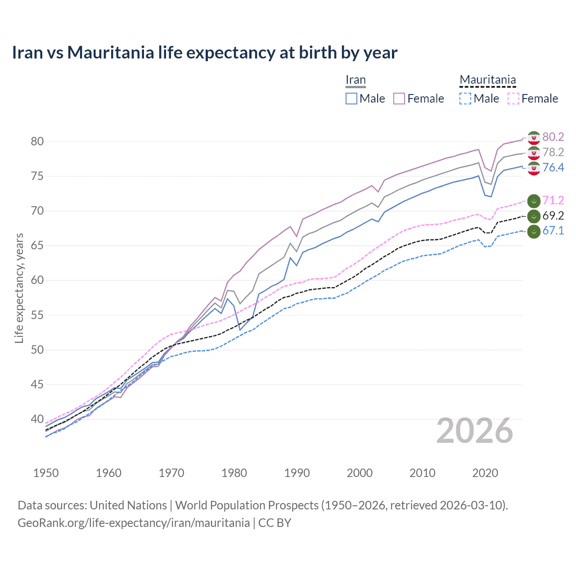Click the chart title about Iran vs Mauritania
(205, 53)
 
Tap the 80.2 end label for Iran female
(553, 137)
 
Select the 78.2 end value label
(553, 152)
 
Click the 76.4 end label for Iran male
(553, 167)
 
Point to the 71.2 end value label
(553, 200)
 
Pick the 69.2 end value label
(553, 216)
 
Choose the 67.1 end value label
(553, 230)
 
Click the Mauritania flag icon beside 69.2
(534, 216)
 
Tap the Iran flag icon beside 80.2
(534, 138)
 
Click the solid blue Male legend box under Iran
(351, 99)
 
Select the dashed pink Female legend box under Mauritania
(513, 99)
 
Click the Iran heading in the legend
(355, 80)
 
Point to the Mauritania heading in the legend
(487, 80)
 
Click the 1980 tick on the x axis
(234, 473)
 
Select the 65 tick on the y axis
(37, 246)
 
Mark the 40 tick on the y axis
(37, 419)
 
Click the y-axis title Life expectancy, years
(19, 288)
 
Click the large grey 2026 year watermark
(475, 431)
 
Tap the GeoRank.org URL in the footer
(134, 522)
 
